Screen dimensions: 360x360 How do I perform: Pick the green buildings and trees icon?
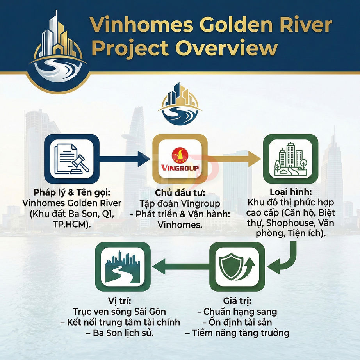tap(290, 159)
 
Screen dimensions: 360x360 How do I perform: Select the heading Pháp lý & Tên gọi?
tap(71, 193)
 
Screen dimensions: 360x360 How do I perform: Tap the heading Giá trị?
tap(237, 302)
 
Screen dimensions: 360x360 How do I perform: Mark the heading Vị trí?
tap(119, 302)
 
